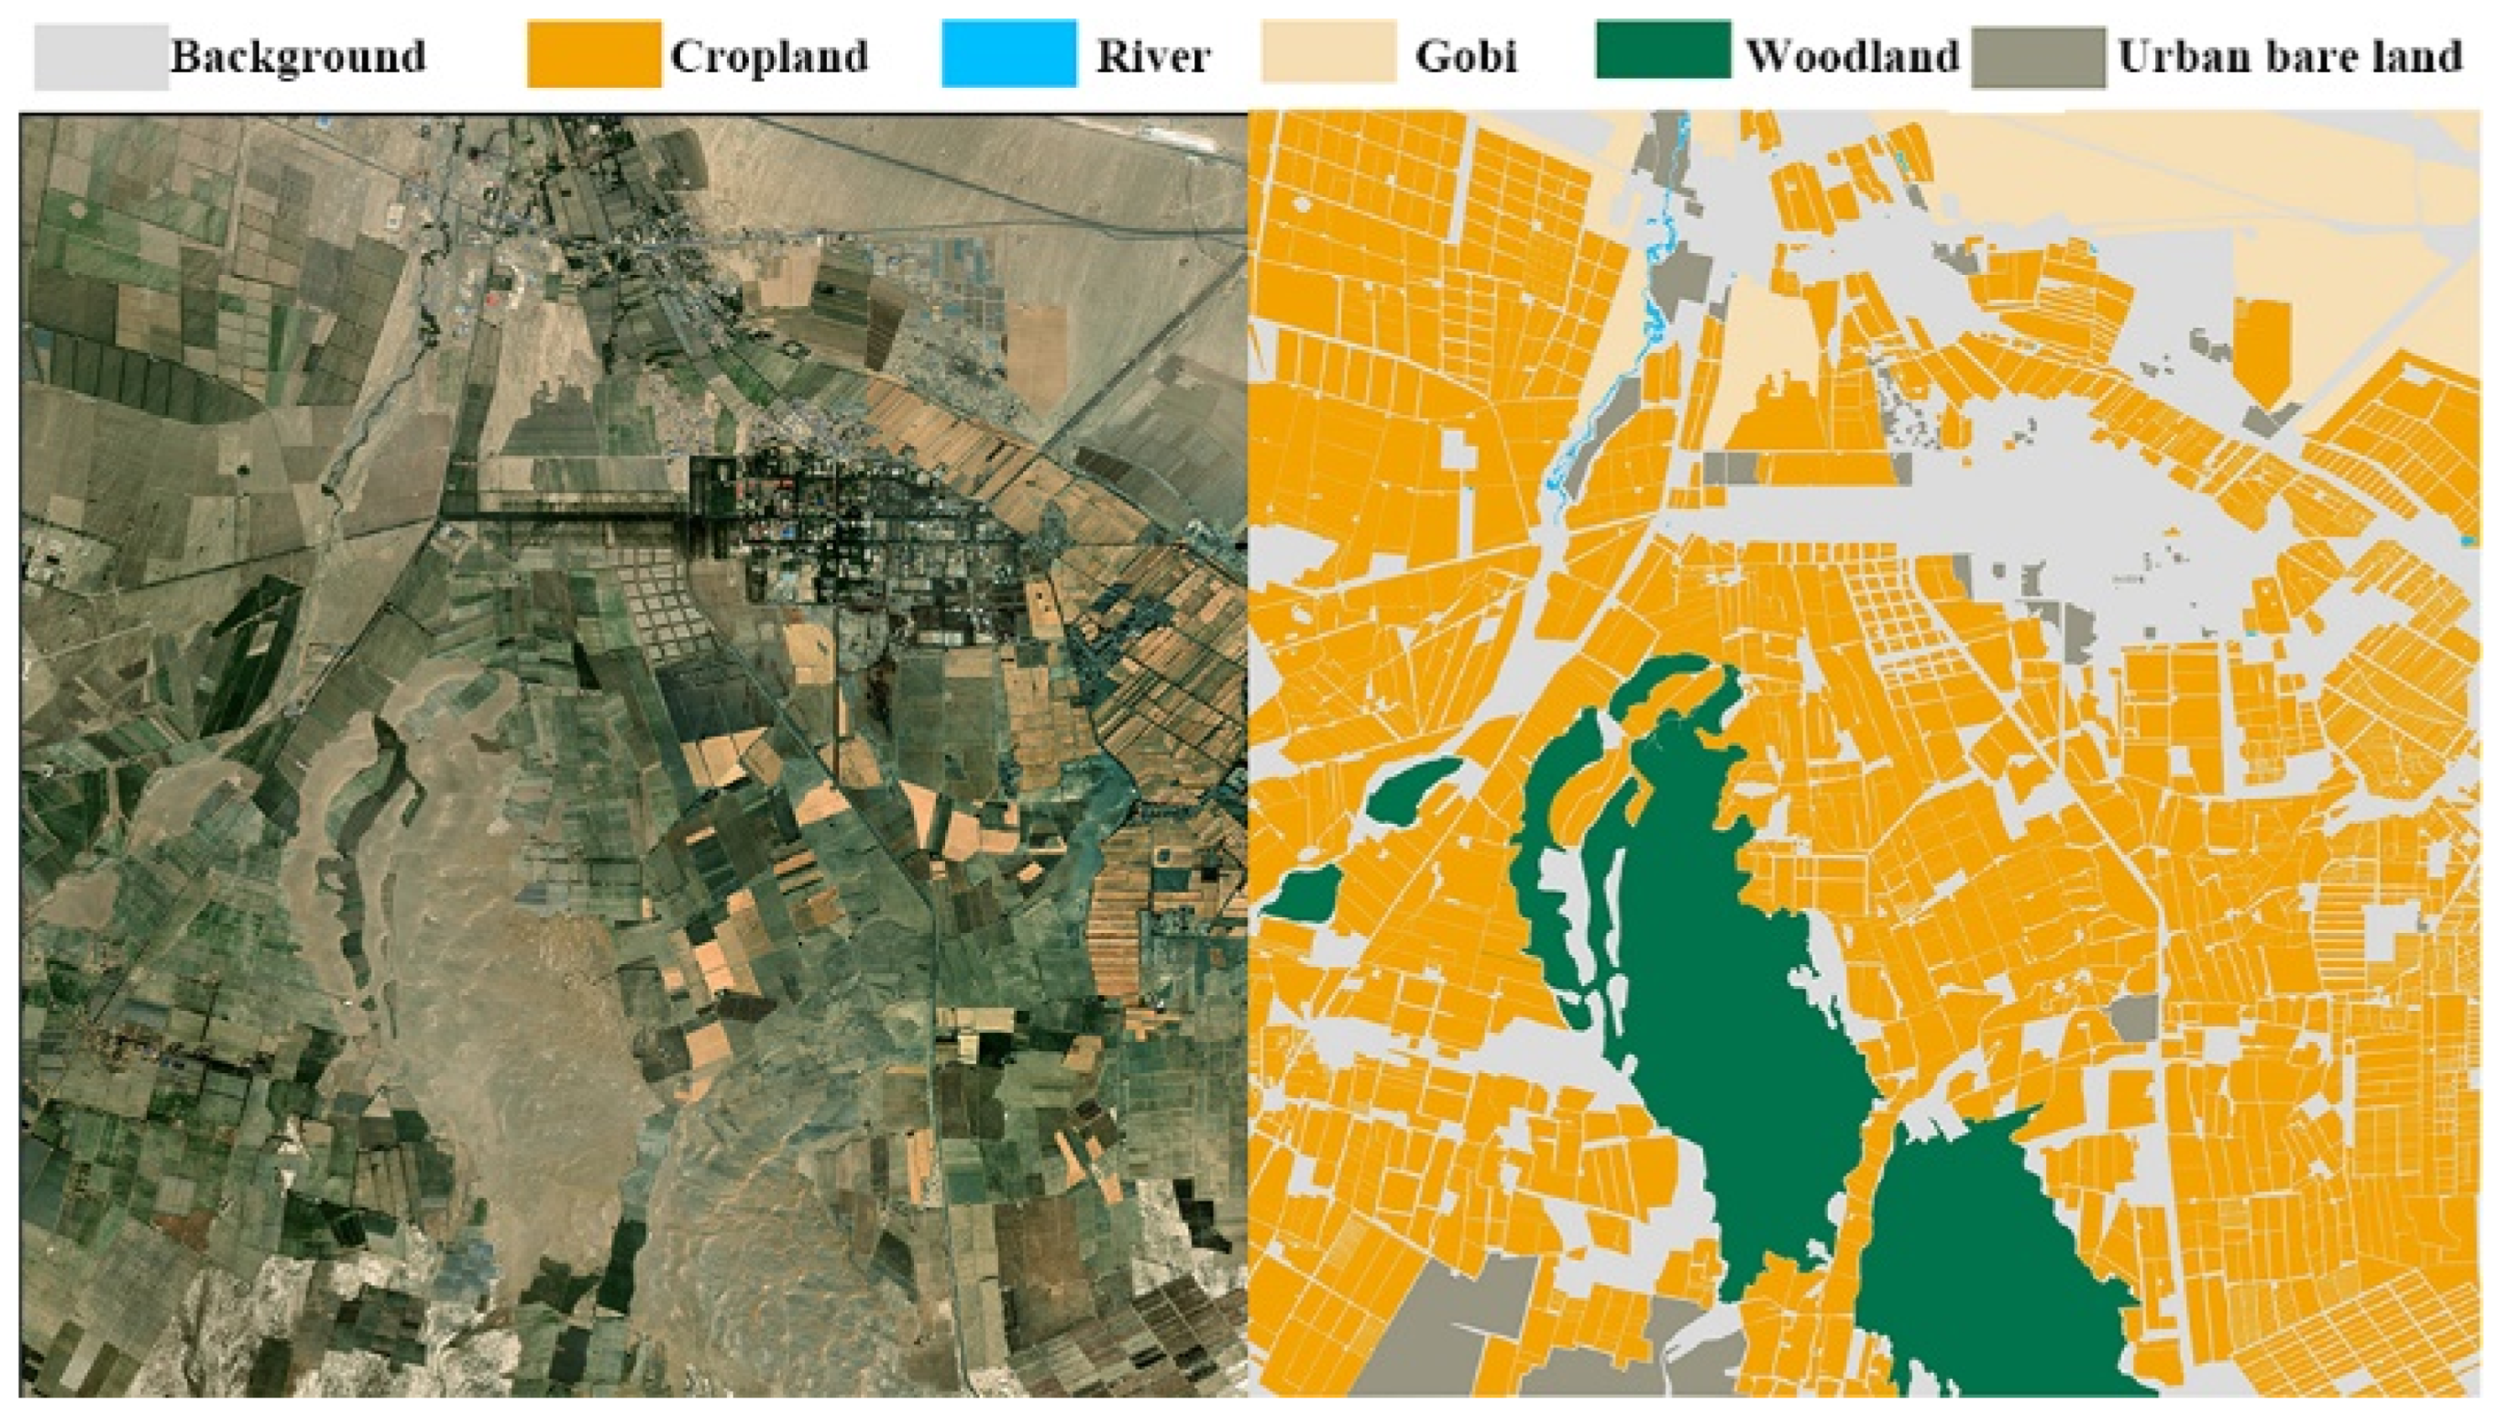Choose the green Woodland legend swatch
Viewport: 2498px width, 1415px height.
pyautogui.click(x=1662, y=50)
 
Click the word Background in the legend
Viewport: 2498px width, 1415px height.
pyautogui.click(x=299, y=58)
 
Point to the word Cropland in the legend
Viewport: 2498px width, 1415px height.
pyautogui.click(x=769, y=58)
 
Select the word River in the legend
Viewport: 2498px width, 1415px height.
pyautogui.click(x=1153, y=58)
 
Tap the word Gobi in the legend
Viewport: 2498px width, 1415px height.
pyautogui.click(x=1466, y=58)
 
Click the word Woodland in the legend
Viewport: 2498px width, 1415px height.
pyautogui.click(x=1852, y=58)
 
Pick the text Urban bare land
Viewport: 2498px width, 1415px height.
pyautogui.click(x=2289, y=58)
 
